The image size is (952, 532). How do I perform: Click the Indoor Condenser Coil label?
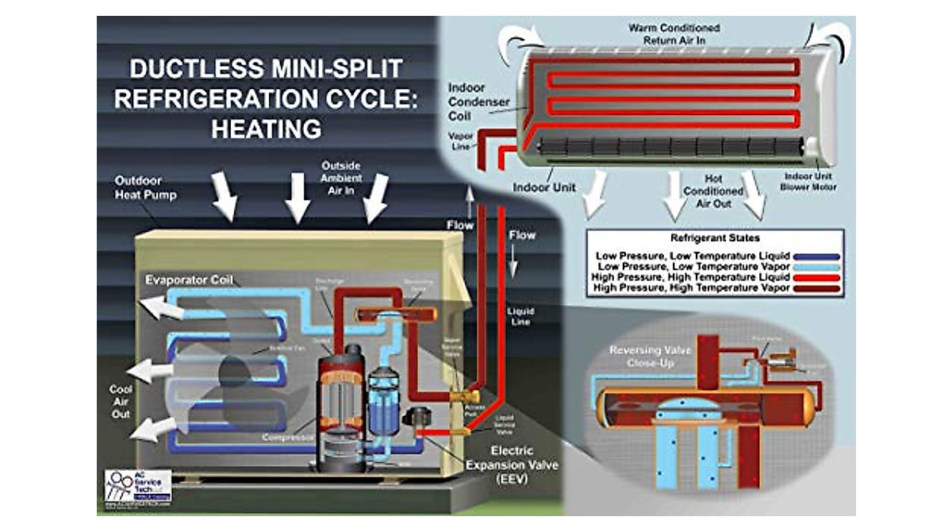coord(472,102)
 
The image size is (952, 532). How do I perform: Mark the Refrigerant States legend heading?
coord(713,237)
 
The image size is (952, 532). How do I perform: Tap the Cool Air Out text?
coord(121,401)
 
